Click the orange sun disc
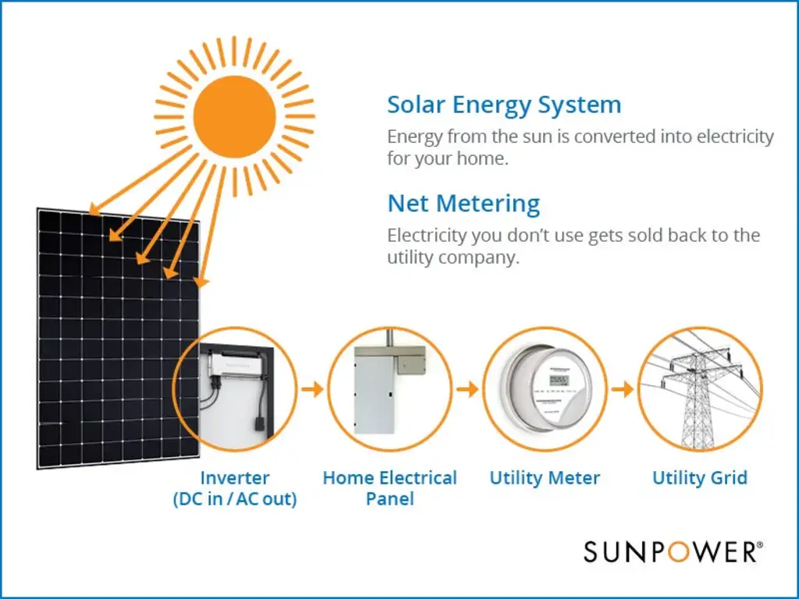[234, 115]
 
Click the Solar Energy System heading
[504, 105]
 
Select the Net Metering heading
[463, 204]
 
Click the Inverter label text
[235, 478]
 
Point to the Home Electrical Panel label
[389, 487]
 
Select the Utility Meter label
[545, 478]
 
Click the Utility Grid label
[699, 478]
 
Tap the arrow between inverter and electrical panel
[311, 389]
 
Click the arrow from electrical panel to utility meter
[467, 389]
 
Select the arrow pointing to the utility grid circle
[622, 389]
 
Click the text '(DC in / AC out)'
[235, 499]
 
